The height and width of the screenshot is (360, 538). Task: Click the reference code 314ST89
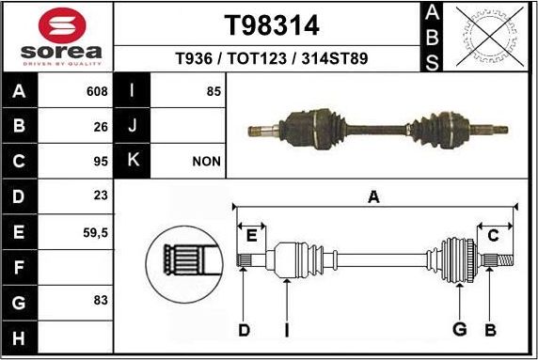(x=334, y=58)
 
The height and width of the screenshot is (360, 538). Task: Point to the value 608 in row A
(x=97, y=92)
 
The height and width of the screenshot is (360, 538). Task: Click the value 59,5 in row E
(x=97, y=230)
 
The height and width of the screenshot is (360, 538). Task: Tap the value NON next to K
(x=206, y=162)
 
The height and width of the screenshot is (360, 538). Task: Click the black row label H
(x=18, y=335)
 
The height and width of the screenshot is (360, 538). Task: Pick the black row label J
(x=132, y=126)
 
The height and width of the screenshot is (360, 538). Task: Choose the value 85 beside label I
(x=213, y=92)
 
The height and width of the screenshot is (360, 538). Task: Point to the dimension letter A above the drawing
(x=373, y=197)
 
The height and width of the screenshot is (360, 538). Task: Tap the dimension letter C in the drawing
(x=492, y=236)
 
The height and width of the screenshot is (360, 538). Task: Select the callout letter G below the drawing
(x=460, y=329)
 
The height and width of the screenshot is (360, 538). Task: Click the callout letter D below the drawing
(x=244, y=330)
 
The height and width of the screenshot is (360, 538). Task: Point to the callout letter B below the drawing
(x=490, y=329)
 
